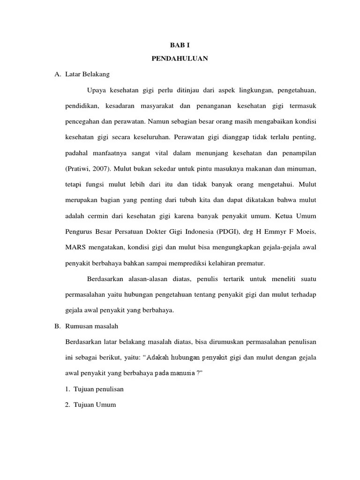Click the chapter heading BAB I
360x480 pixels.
(180, 45)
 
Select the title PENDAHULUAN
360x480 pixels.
(180, 59)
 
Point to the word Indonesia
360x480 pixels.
(199, 231)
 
